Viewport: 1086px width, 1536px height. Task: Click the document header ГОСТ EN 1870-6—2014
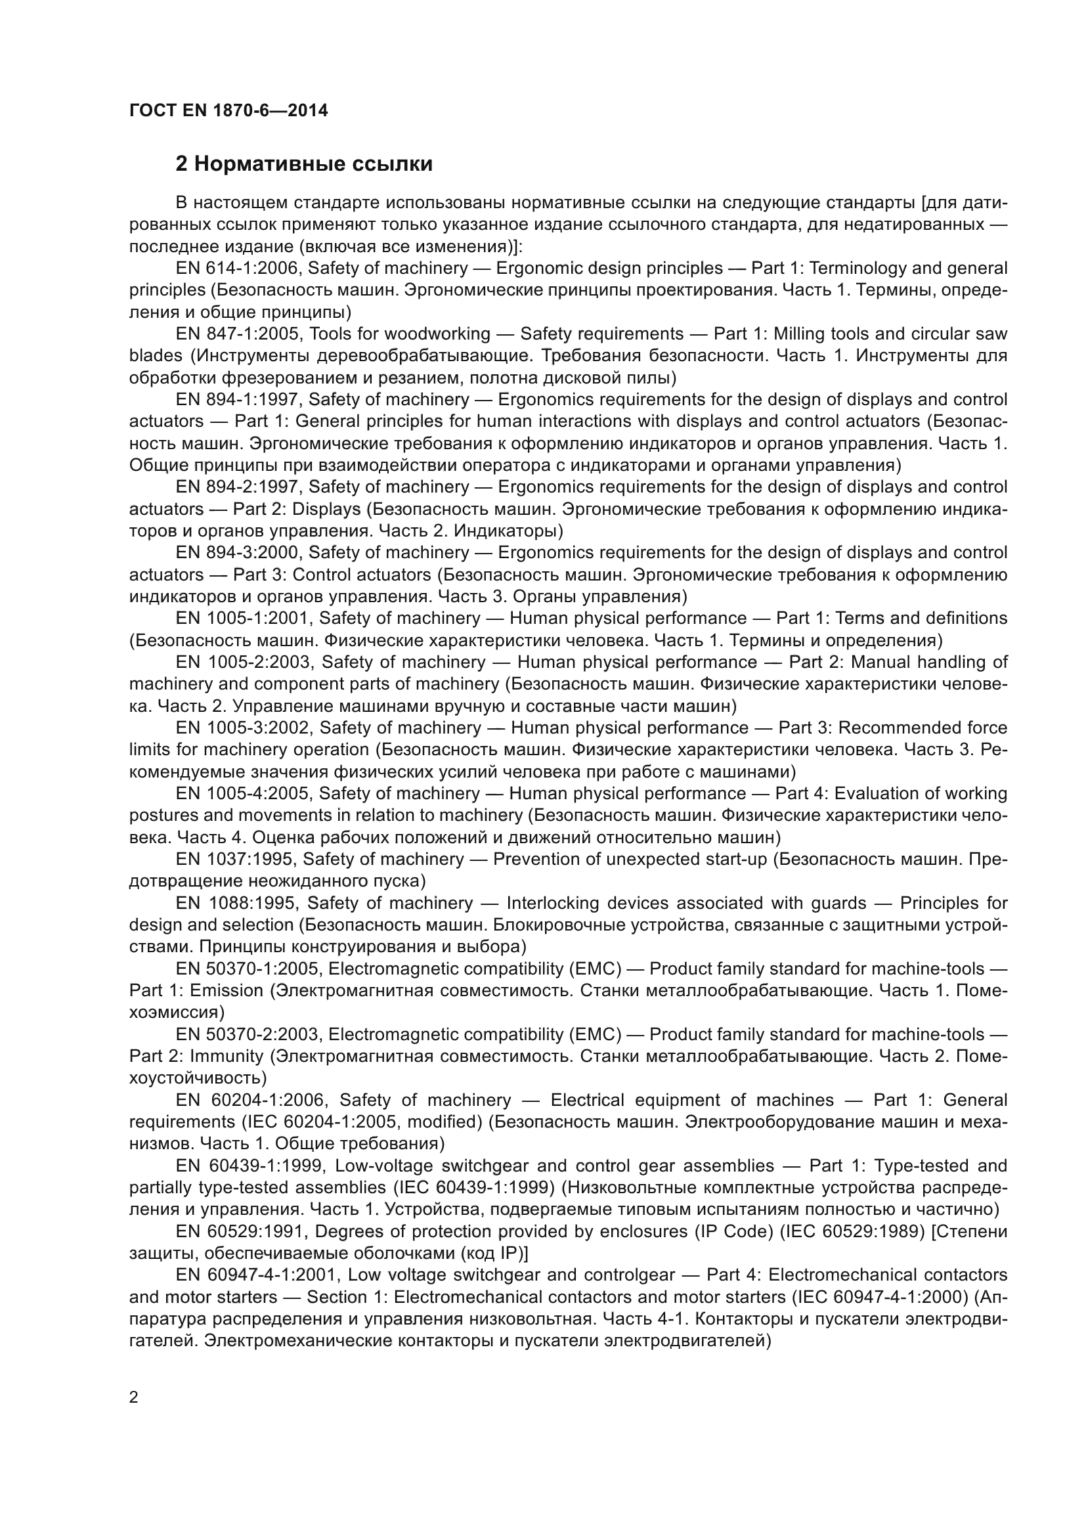pyautogui.click(x=228, y=110)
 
